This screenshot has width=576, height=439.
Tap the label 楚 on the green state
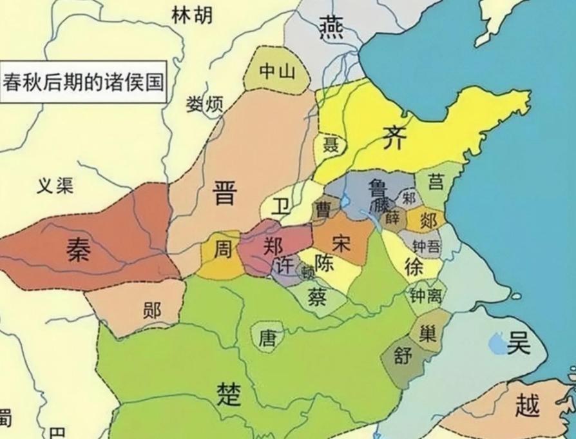click(x=229, y=392)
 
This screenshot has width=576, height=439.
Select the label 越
click(x=528, y=405)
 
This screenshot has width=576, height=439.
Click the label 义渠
click(x=55, y=185)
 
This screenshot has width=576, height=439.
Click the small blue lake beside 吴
click(x=497, y=344)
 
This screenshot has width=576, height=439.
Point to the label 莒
click(x=436, y=182)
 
